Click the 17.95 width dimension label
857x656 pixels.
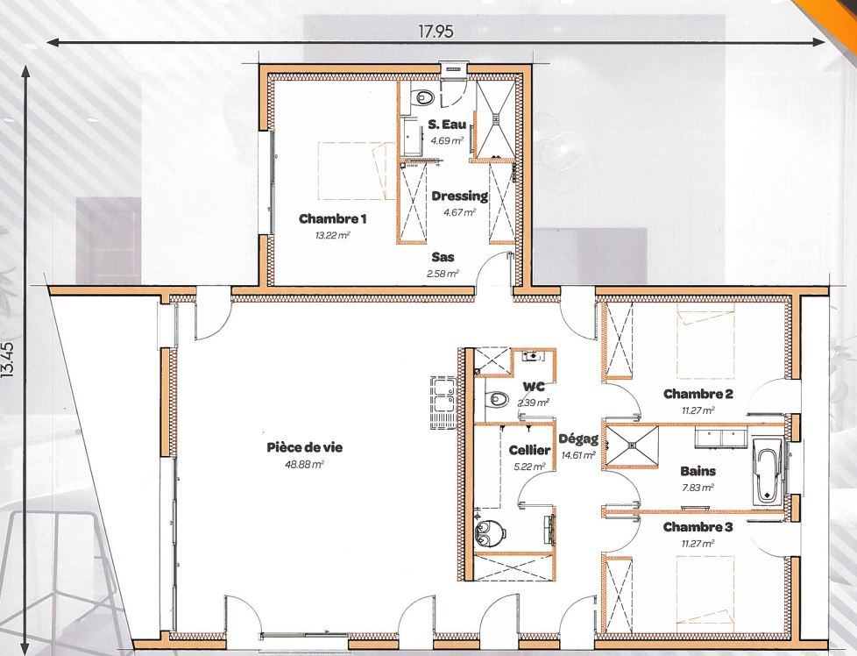click(436, 32)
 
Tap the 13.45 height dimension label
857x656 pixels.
click(8, 360)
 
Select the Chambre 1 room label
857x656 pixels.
click(332, 219)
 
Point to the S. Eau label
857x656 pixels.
click(447, 124)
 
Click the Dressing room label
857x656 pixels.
click(460, 196)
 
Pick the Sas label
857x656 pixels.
click(443, 257)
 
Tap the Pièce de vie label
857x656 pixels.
click(304, 447)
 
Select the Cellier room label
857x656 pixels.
click(529, 450)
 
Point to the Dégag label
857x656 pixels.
click(578, 439)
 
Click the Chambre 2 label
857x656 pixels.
click(698, 394)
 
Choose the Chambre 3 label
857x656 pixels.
click(698, 527)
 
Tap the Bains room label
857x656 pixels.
click(698, 471)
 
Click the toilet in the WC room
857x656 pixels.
click(496, 398)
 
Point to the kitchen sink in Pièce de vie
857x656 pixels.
click(443, 403)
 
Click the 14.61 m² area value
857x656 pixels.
click(578, 454)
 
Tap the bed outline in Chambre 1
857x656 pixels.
click(356, 171)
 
